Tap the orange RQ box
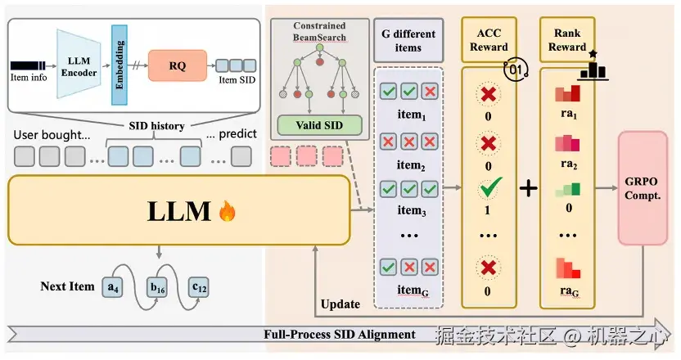tap(178, 65)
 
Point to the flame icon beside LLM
tap(227, 213)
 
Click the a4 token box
tap(113, 287)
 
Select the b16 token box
tap(157, 287)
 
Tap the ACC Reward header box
tap(489, 40)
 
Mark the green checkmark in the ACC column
tap(489, 190)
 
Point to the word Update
tap(340, 304)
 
